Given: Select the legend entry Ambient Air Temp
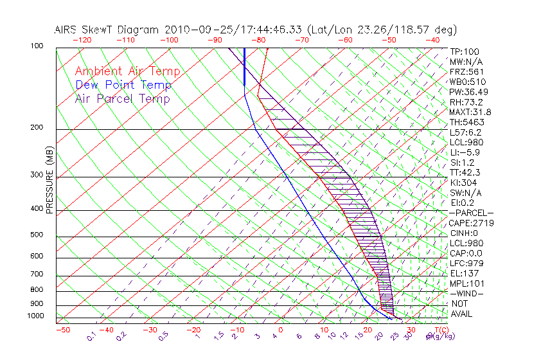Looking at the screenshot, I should point(127,71).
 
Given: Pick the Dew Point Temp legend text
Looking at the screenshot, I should point(123,85).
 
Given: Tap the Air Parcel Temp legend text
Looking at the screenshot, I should point(123,98).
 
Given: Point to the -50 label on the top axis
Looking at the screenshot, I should point(389,40).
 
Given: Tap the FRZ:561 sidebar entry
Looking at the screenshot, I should point(467,71).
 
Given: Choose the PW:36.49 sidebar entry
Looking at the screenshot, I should point(470,92).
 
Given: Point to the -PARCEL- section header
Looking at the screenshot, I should point(472,213).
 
